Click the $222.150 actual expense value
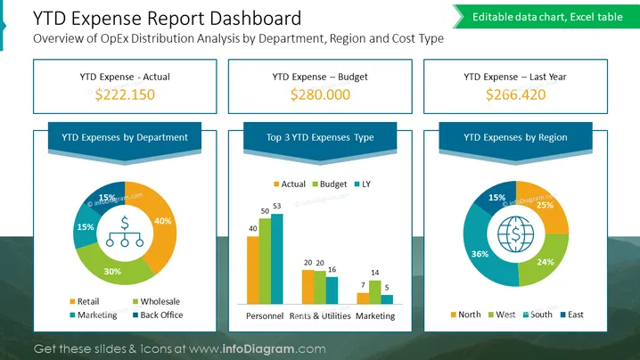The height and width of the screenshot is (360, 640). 125,94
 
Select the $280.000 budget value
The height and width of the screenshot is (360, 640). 320,94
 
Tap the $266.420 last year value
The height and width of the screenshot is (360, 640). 515,94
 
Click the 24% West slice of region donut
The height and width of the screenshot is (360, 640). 545,261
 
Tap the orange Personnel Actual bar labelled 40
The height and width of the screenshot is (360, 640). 252,270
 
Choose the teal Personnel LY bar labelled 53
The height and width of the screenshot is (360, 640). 276,259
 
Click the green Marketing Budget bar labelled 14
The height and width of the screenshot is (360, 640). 374,292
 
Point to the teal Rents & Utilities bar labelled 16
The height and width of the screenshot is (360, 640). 332,290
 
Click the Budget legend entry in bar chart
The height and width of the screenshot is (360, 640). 330,184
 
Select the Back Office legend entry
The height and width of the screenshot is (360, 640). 158,315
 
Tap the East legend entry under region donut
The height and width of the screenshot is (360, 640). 572,315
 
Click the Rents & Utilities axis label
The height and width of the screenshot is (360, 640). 320,316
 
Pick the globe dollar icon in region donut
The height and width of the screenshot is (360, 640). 516,234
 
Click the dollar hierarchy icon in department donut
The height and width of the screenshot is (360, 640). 125,232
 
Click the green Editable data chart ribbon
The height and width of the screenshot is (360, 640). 546,17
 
